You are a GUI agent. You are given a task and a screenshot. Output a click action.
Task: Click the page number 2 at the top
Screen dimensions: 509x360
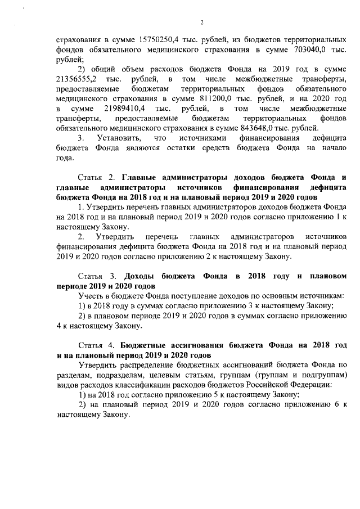201,22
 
